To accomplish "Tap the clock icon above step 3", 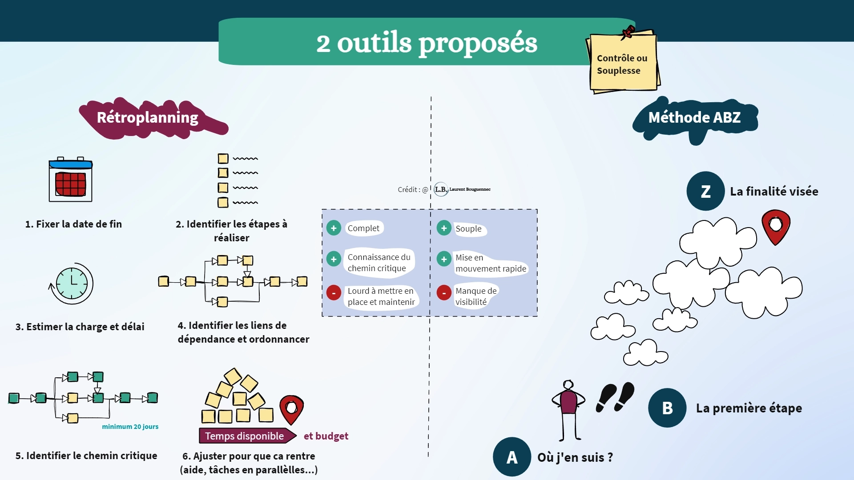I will (x=72, y=284).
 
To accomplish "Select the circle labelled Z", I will (x=705, y=191).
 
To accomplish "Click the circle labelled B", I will (x=667, y=408).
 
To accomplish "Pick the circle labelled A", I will (x=512, y=457).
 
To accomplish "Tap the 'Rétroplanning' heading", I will (x=148, y=118).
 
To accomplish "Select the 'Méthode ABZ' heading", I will (x=694, y=118).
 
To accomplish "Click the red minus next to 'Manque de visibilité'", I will (x=444, y=293).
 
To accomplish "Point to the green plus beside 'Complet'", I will (x=334, y=228).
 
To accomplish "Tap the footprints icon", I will (x=615, y=396).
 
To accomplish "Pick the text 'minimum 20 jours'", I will (x=130, y=427).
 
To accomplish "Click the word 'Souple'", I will (x=468, y=229).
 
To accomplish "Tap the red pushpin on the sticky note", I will (x=628, y=32).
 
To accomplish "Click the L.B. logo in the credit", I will (x=441, y=189).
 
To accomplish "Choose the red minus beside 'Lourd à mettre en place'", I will (x=334, y=293).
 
